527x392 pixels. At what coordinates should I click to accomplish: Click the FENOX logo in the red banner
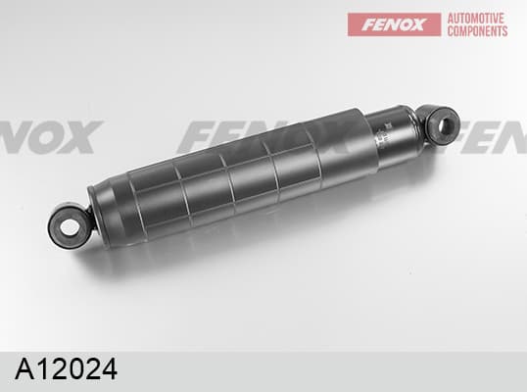394,24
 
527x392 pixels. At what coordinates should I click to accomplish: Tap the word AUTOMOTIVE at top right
476,19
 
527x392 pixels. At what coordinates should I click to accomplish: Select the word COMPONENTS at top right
477,31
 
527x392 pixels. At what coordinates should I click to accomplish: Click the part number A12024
67,368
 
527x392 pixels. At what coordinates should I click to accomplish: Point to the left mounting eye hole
70,228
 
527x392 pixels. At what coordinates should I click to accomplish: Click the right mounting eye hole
447,124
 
